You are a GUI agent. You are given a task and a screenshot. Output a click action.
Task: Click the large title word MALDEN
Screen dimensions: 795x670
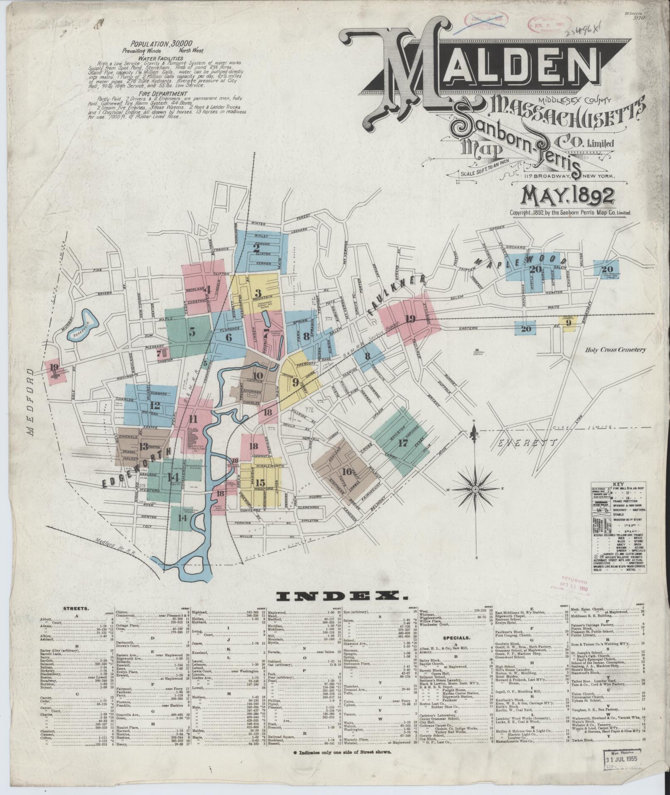click(x=478, y=66)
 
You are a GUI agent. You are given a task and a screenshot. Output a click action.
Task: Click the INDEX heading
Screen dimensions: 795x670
click(x=342, y=597)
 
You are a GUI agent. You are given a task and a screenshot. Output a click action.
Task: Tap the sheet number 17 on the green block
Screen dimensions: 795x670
click(x=403, y=443)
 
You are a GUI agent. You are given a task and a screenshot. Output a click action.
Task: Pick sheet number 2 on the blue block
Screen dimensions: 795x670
click(x=256, y=249)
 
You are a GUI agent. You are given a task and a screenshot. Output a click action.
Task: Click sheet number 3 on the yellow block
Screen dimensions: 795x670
click(x=258, y=293)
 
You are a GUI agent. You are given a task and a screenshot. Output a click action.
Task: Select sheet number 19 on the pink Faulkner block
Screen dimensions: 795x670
click(x=410, y=319)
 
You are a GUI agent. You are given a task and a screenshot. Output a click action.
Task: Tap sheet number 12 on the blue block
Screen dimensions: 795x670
click(x=155, y=406)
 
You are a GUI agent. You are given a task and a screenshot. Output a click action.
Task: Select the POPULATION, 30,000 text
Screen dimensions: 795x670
click(x=154, y=43)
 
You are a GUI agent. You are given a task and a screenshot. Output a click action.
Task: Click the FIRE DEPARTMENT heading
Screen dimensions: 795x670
click(x=152, y=94)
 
